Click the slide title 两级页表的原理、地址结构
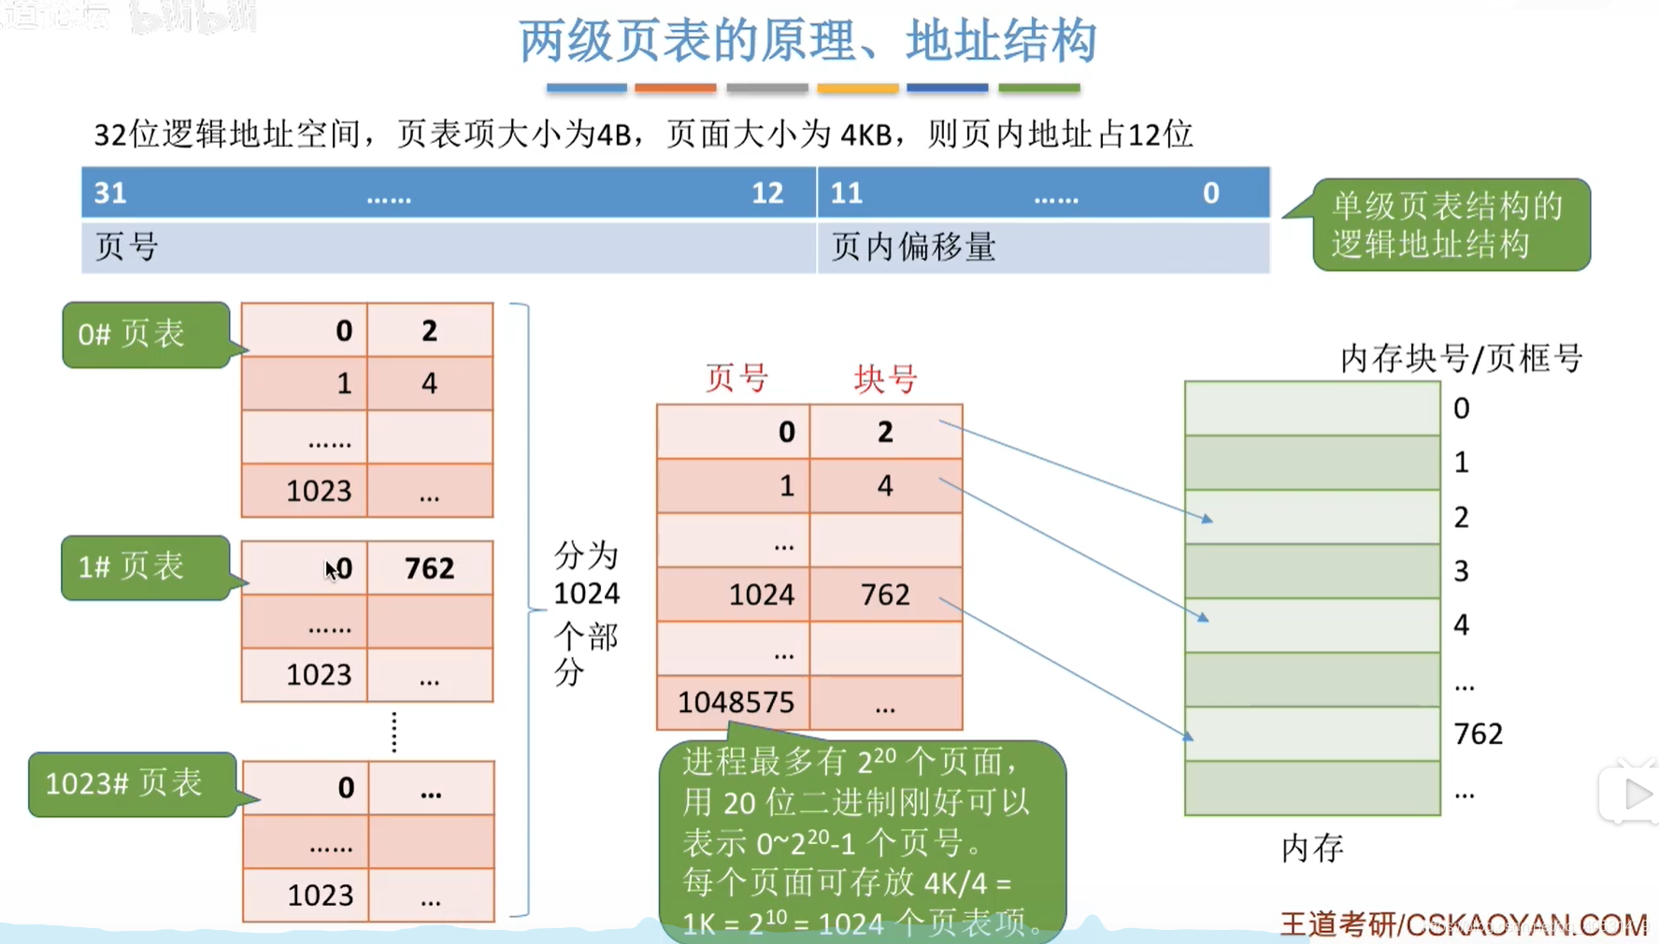tap(808, 41)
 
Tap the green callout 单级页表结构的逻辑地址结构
tap(1450, 225)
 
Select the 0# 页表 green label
tap(145, 334)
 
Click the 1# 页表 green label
tap(144, 566)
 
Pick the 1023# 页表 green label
tap(131, 783)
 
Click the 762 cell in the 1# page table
tap(430, 567)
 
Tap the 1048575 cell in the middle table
tap(735, 702)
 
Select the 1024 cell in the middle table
tap(761, 594)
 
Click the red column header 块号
tap(885, 379)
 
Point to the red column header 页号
tap(737, 379)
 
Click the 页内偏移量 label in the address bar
tap(913, 248)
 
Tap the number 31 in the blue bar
tap(110, 193)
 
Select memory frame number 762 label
tap(1478, 734)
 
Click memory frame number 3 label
tap(1462, 570)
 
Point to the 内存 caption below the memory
tap(1312, 848)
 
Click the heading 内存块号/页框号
tap(1461, 358)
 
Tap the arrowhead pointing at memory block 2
tap(1208, 519)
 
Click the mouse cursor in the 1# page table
tap(331, 569)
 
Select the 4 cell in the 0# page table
tap(429, 383)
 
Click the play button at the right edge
tap(1636, 794)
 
